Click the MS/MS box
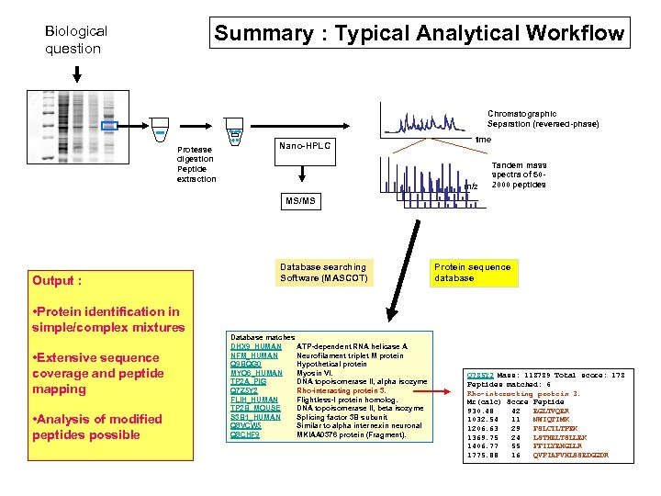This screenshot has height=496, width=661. (x=299, y=200)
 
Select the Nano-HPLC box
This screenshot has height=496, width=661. (x=304, y=146)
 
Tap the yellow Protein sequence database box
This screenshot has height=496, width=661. (x=472, y=272)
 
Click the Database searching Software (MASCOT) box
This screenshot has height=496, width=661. (x=323, y=272)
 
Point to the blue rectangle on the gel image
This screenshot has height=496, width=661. (x=109, y=126)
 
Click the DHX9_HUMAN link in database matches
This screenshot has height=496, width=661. (x=255, y=346)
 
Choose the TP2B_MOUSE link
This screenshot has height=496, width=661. (x=255, y=408)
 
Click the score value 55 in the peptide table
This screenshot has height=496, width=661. (x=515, y=445)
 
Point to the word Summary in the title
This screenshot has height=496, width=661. (x=263, y=34)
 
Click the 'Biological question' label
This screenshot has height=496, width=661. (x=76, y=39)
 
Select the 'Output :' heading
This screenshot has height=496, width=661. (x=57, y=281)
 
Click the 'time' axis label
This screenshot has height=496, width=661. (x=483, y=139)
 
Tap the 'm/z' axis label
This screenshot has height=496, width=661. (x=472, y=186)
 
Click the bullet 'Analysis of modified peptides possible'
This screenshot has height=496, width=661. (x=97, y=427)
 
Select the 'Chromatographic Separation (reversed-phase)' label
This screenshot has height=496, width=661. (x=543, y=118)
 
